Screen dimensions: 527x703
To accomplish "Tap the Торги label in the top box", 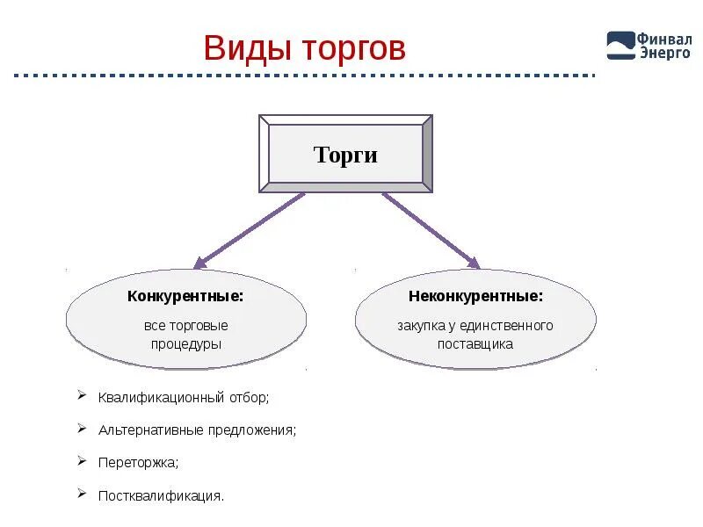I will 345,155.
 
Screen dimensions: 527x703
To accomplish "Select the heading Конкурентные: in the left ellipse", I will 185,297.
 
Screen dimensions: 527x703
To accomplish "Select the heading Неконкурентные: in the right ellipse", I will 475,297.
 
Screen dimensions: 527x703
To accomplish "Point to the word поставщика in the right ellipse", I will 475,344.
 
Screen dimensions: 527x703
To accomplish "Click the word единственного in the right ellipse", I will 510,326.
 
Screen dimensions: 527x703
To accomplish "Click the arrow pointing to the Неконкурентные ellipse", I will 431,229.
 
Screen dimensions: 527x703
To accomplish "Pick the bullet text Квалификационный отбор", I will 184,398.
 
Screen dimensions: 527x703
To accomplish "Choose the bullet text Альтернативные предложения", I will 198,430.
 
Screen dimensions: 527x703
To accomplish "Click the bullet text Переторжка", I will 139,462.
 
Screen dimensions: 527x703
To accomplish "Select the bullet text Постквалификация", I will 162,495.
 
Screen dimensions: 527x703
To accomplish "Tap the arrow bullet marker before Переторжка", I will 82,460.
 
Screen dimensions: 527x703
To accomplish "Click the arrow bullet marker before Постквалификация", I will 82,493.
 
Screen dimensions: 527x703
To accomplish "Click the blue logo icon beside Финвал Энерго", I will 620,45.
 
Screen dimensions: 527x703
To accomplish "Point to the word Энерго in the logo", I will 664,53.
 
